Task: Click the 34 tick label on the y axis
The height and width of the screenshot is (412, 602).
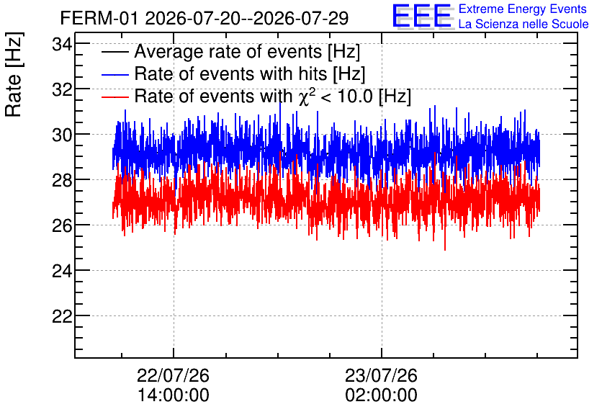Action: click(x=62, y=45)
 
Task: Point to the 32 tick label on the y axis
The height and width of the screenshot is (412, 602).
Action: click(x=62, y=90)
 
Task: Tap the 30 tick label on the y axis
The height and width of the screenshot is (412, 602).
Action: click(x=62, y=135)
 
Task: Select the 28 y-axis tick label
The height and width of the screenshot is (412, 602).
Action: click(x=62, y=181)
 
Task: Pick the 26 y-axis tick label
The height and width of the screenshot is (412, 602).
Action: click(x=62, y=225)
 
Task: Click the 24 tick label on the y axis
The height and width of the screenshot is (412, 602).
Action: click(x=62, y=271)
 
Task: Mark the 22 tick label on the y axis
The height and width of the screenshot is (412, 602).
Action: click(x=62, y=316)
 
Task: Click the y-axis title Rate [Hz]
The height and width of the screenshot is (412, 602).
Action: click(x=14, y=74)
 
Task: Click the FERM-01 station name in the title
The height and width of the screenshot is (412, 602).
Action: click(x=99, y=18)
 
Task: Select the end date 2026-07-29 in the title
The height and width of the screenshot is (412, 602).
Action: click(x=300, y=18)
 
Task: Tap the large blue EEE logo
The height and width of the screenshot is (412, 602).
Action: click(x=422, y=16)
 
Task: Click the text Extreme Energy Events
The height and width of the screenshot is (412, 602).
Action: click(x=523, y=9)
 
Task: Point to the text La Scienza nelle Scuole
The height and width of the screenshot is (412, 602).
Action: click(x=524, y=24)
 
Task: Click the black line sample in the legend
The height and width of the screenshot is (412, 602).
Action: click(x=114, y=52)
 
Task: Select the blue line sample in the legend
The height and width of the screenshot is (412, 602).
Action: click(x=114, y=74)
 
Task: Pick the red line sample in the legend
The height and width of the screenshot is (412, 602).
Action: click(x=114, y=97)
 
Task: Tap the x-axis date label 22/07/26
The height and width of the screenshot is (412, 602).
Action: click(x=173, y=375)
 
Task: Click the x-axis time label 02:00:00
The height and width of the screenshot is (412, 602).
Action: click(x=381, y=395)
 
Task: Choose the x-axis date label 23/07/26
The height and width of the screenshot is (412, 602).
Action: click(x=381, y=375)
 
